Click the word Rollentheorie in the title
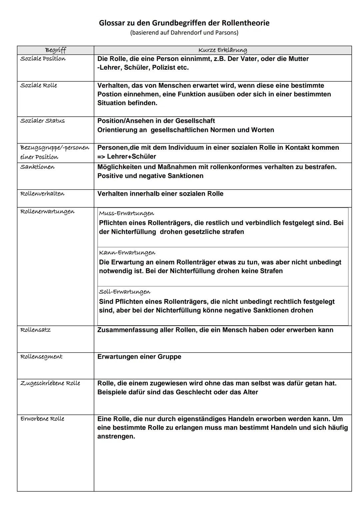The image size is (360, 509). point(246,23)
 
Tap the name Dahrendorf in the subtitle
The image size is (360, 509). point(185,33)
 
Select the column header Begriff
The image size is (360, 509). point(56,50)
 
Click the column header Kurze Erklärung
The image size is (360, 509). point(223,50)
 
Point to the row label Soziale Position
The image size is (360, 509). point(43,59)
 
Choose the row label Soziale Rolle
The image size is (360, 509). point(39,85)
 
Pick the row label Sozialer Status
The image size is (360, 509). point(43,121)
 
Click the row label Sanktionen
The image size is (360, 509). point(37,167)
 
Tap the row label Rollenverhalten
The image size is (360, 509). point(42,194)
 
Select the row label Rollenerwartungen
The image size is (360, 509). point(47,212)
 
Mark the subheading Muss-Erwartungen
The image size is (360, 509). point(127,213)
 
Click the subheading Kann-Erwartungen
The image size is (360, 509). point(127,253)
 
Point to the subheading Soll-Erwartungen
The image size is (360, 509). point(125,292)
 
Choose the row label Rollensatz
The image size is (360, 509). point(36,330)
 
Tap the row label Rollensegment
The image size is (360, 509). point(41,357)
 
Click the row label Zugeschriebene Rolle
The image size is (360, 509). point(50,383)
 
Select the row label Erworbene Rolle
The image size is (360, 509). point(42,419)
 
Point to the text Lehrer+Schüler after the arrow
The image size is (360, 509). point(131,157)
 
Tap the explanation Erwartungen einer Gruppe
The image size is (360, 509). point(139,357)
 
